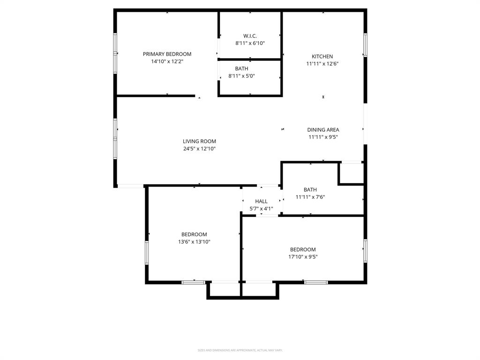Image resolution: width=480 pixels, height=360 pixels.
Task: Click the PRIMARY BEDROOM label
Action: pyautogui.click(x=167, y=54)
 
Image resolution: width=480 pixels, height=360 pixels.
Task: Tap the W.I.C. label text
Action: pyautogui.click(x=250, y=36)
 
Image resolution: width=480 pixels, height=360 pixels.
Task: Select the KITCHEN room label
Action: pyautogui.click(x=322, y=57)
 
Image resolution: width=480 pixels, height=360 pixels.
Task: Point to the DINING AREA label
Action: pyautogui.click(x=323, y=130)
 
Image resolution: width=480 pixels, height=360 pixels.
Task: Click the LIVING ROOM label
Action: pyautogui.click(x=199, y=141)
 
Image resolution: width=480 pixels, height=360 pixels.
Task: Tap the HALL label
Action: pyautogui.click(x=261, y=201)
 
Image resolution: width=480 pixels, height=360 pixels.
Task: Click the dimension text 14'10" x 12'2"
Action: pyautogui.click(x=167, y=61)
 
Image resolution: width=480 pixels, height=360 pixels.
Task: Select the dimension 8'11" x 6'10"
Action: pyautogui.click(x=250, y=43)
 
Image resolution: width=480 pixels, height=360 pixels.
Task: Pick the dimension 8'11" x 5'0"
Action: pyautogui.click(x=241, y=76)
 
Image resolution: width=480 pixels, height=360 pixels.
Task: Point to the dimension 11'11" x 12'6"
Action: pyautogui.click(x=322, y=64)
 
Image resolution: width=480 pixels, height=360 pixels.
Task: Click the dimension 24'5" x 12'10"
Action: pyautogui.click(x=199, y=149)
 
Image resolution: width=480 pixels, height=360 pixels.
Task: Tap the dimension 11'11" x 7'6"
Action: pyautogui.click(x=310, y=197)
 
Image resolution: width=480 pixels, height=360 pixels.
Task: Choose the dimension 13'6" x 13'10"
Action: pyautogui.click(x=194, y=242)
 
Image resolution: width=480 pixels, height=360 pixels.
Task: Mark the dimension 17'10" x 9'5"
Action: pyautogui.click(x=303, y=257)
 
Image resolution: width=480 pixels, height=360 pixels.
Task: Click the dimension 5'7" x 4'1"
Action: pyautogui.click(x=261, y=209)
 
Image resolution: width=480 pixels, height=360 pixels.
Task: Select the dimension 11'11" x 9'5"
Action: pyautogui.click(x=323, y=137)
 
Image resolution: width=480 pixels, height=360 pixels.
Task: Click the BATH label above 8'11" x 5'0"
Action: pyautogui.click(x=241, y=68)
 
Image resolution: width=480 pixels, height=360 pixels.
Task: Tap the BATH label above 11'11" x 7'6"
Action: pyautogui.click(x=310, y=190)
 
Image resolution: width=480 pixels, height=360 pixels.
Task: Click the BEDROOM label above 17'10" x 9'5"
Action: pyautogui.click(x=303, y=249)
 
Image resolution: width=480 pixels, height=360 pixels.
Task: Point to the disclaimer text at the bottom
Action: pyautogui.click(x=240, y=350)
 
